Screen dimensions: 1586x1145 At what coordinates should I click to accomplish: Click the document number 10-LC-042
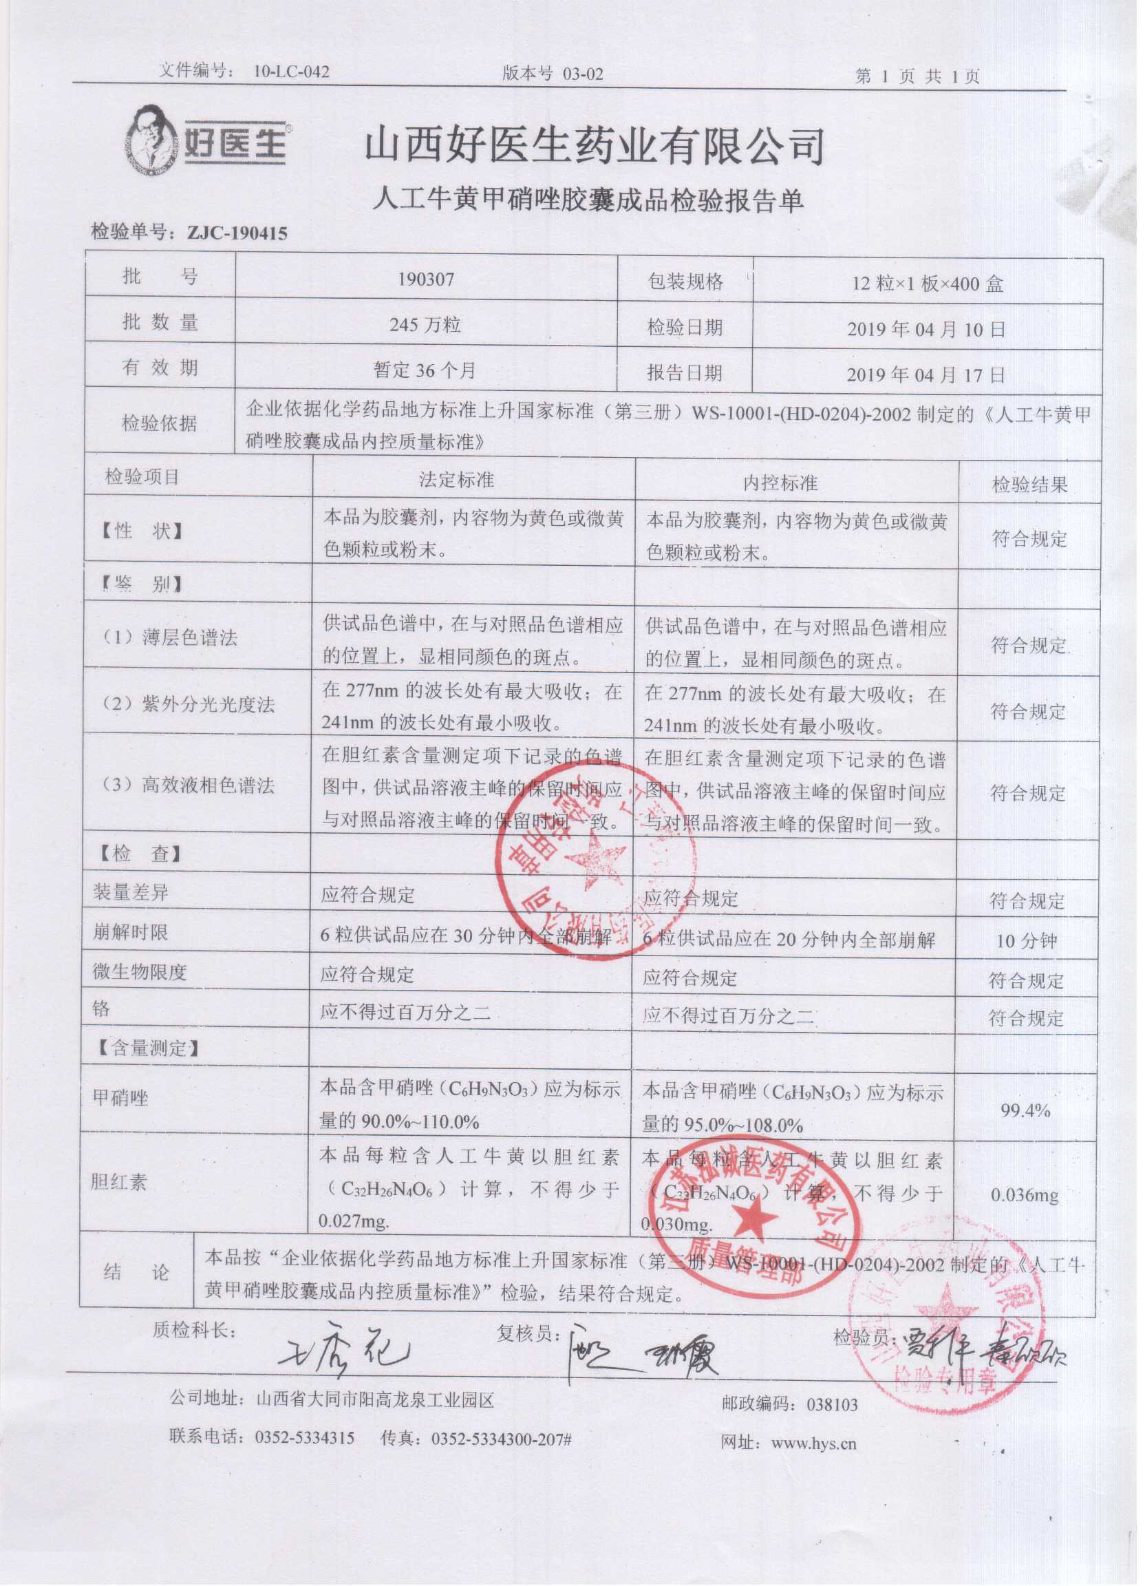(x=292, y=72)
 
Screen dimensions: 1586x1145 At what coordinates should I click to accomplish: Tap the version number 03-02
(x=581, y=74)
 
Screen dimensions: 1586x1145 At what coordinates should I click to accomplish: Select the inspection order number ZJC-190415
(x=237, y=233)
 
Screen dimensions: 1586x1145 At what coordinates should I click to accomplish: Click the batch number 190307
(x=426, y=279)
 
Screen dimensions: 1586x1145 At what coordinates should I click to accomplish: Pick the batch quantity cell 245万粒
(x=426, y=324)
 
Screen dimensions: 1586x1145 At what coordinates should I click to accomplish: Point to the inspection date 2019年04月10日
(x=925, y=328)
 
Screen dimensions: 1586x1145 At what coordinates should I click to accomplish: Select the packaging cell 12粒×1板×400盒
(x=928, y=284)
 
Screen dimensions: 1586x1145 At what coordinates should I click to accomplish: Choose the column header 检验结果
(x=1029, y=484)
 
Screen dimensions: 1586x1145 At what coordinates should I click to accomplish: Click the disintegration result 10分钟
(x=1026, y=940)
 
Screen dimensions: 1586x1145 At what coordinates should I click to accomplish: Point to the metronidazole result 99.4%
(x=1025, y=1110)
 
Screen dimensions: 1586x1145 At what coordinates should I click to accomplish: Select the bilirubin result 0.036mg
(x=1025, y=1195)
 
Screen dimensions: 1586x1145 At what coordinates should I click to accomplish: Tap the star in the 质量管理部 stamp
(x=753, y=1216)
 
